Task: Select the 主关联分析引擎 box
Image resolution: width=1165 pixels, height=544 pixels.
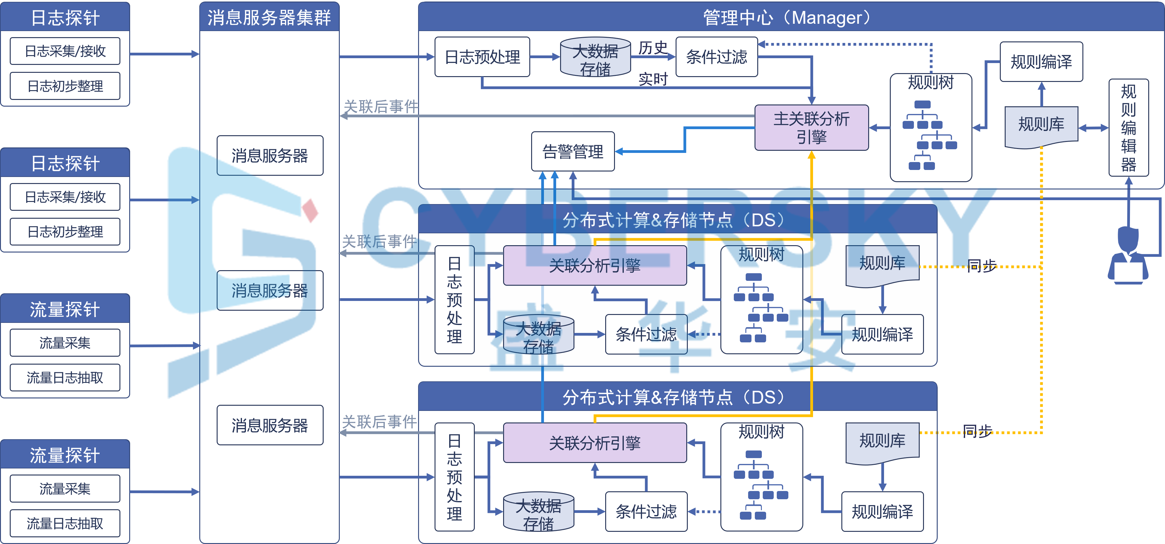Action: [811, 128]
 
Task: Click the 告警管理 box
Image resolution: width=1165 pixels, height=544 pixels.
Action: [573, 151]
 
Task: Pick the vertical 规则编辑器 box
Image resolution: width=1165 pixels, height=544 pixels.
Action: [1128, 128]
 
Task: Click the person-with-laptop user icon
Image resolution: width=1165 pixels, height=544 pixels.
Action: [1128, 256]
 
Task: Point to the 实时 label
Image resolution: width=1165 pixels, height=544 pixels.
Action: [653, 79]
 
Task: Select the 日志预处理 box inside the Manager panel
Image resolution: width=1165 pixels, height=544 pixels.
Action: [482, 57]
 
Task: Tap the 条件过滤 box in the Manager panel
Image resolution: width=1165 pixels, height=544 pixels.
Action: [716, 57]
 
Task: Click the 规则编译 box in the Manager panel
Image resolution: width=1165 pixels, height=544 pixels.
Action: [1041, 62]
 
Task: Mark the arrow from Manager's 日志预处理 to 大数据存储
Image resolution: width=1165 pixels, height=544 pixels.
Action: [545, 57]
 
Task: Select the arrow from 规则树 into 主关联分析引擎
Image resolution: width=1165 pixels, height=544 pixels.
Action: [879, 128]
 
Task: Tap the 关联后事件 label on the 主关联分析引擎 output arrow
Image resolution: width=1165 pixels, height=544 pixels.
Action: [381, 107]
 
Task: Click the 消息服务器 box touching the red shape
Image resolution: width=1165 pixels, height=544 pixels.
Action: [270, 156]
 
